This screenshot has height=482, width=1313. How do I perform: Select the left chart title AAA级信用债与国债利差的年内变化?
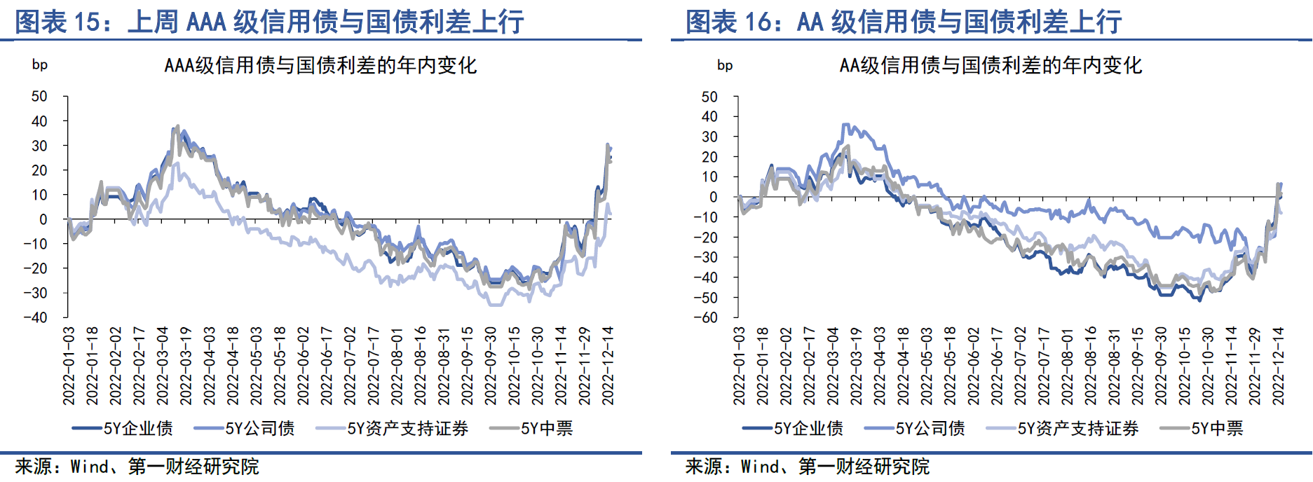tap(320, 66)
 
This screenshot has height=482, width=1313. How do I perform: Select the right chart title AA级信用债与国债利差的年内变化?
tap(991, 66)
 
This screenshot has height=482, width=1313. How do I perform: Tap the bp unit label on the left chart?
tap(40, 65)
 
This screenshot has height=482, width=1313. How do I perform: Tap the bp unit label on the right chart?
tap(725, 66)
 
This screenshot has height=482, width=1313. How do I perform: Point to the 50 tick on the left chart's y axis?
tap(39, 97)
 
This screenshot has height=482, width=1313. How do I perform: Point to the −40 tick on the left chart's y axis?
tap(35, 317)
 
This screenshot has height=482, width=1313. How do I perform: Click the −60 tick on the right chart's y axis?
tap(705, 317)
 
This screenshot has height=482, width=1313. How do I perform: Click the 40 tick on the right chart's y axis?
tap(709, 117)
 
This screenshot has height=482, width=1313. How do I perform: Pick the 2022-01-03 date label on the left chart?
tap(69, 365)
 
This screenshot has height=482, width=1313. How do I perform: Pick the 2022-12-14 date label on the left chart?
tap(608, 365)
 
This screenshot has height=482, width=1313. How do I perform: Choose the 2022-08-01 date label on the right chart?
tap(1067, 365)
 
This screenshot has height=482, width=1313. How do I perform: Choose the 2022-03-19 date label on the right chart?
tap(856, 365)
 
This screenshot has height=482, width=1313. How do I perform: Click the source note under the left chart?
tap(137, 467)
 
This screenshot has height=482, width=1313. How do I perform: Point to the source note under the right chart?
tap(807, 467)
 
